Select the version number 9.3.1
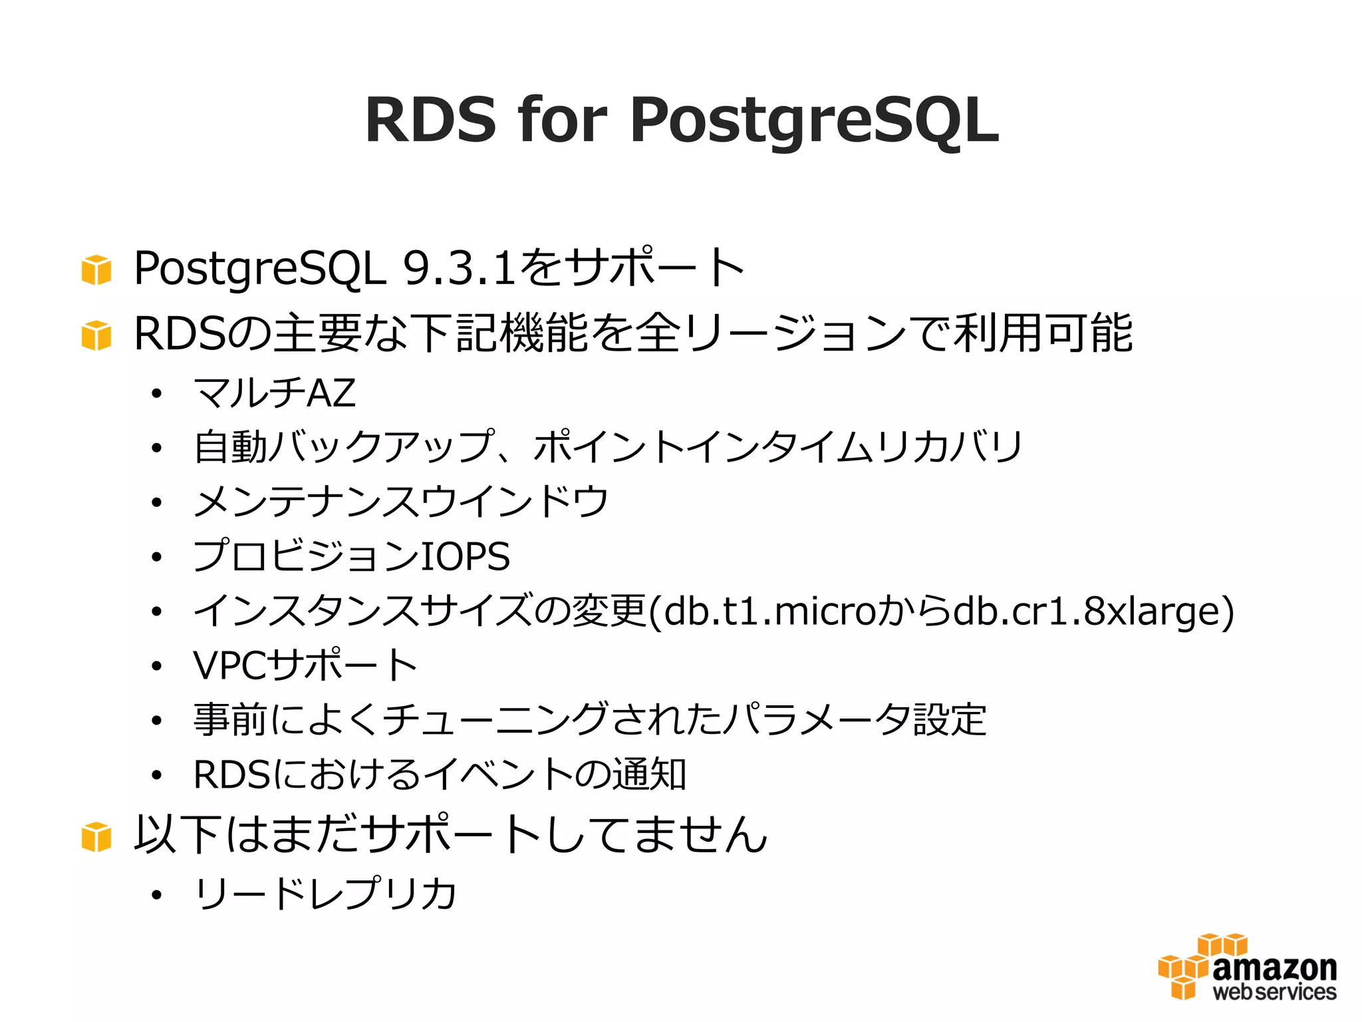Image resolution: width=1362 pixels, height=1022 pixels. [460, 269]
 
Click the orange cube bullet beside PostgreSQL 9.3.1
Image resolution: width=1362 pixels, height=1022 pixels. [96, 269]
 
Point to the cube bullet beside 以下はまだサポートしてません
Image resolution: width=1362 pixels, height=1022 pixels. [96, 836]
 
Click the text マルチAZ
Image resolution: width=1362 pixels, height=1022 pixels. [275, 393]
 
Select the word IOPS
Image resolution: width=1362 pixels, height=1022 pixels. [466, 556]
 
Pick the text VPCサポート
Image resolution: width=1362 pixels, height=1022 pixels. [305, 665]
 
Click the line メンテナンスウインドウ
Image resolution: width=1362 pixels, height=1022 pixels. [401, 502]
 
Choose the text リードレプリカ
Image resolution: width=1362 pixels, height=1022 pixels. [325, 893]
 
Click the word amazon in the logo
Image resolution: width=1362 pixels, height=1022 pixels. [1274, 968]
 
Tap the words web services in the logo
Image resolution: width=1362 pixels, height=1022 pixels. [1274, 992]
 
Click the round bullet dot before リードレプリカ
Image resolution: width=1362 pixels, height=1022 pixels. [156, 896]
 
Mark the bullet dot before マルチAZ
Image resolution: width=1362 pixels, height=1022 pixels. [156, 395]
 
